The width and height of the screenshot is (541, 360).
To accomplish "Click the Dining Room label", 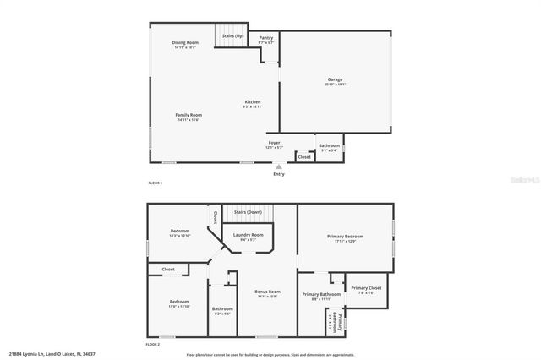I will [x=184, y=43].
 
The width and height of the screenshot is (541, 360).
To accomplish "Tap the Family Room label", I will [x=189, y=117].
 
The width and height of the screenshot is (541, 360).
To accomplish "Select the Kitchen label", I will [x=252, y=103].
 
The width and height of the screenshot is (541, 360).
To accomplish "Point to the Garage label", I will [x=335, y=81].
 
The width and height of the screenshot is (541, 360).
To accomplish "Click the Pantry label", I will [x=265, y=39].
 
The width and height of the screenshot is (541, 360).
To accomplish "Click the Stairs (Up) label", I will [x=233, y=36].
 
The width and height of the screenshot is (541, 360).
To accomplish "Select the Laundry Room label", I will [x=247, y=236].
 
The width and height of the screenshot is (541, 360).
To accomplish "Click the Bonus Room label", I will [x=267, y=292].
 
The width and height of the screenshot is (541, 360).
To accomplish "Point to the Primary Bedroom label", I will [x=345, y=237].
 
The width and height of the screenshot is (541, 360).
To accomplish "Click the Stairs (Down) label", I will [x=247, y=212].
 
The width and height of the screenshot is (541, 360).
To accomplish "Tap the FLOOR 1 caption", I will [x=155, y=183].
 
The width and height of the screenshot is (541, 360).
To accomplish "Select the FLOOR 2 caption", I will [x=153, y=344].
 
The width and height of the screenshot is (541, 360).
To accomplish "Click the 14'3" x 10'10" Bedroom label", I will [x=178, y=232].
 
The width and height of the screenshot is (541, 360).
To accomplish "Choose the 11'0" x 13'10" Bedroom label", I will [x=178, y=303].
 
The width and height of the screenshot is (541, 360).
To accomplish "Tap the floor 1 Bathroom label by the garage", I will [x=330, y=147].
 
